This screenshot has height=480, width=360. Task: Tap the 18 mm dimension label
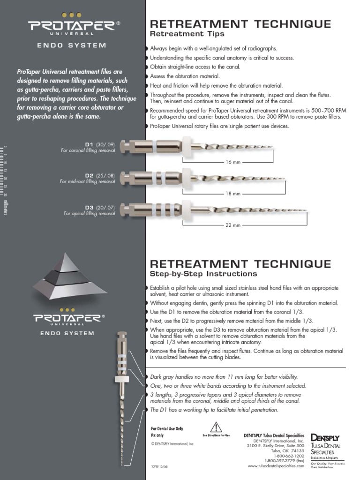pos(233,193)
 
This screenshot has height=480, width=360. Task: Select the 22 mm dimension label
pos(233,225)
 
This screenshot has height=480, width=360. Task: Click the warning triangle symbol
pos(216,427)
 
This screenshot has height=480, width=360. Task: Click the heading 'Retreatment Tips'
pos(187,34)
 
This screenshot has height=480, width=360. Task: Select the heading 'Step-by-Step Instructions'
pos(203,273)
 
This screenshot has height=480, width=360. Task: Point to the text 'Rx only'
pos(158,435)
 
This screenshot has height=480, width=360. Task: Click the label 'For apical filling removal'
pos(90,213)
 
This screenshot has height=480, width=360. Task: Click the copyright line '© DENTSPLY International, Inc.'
pos(172,443)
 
